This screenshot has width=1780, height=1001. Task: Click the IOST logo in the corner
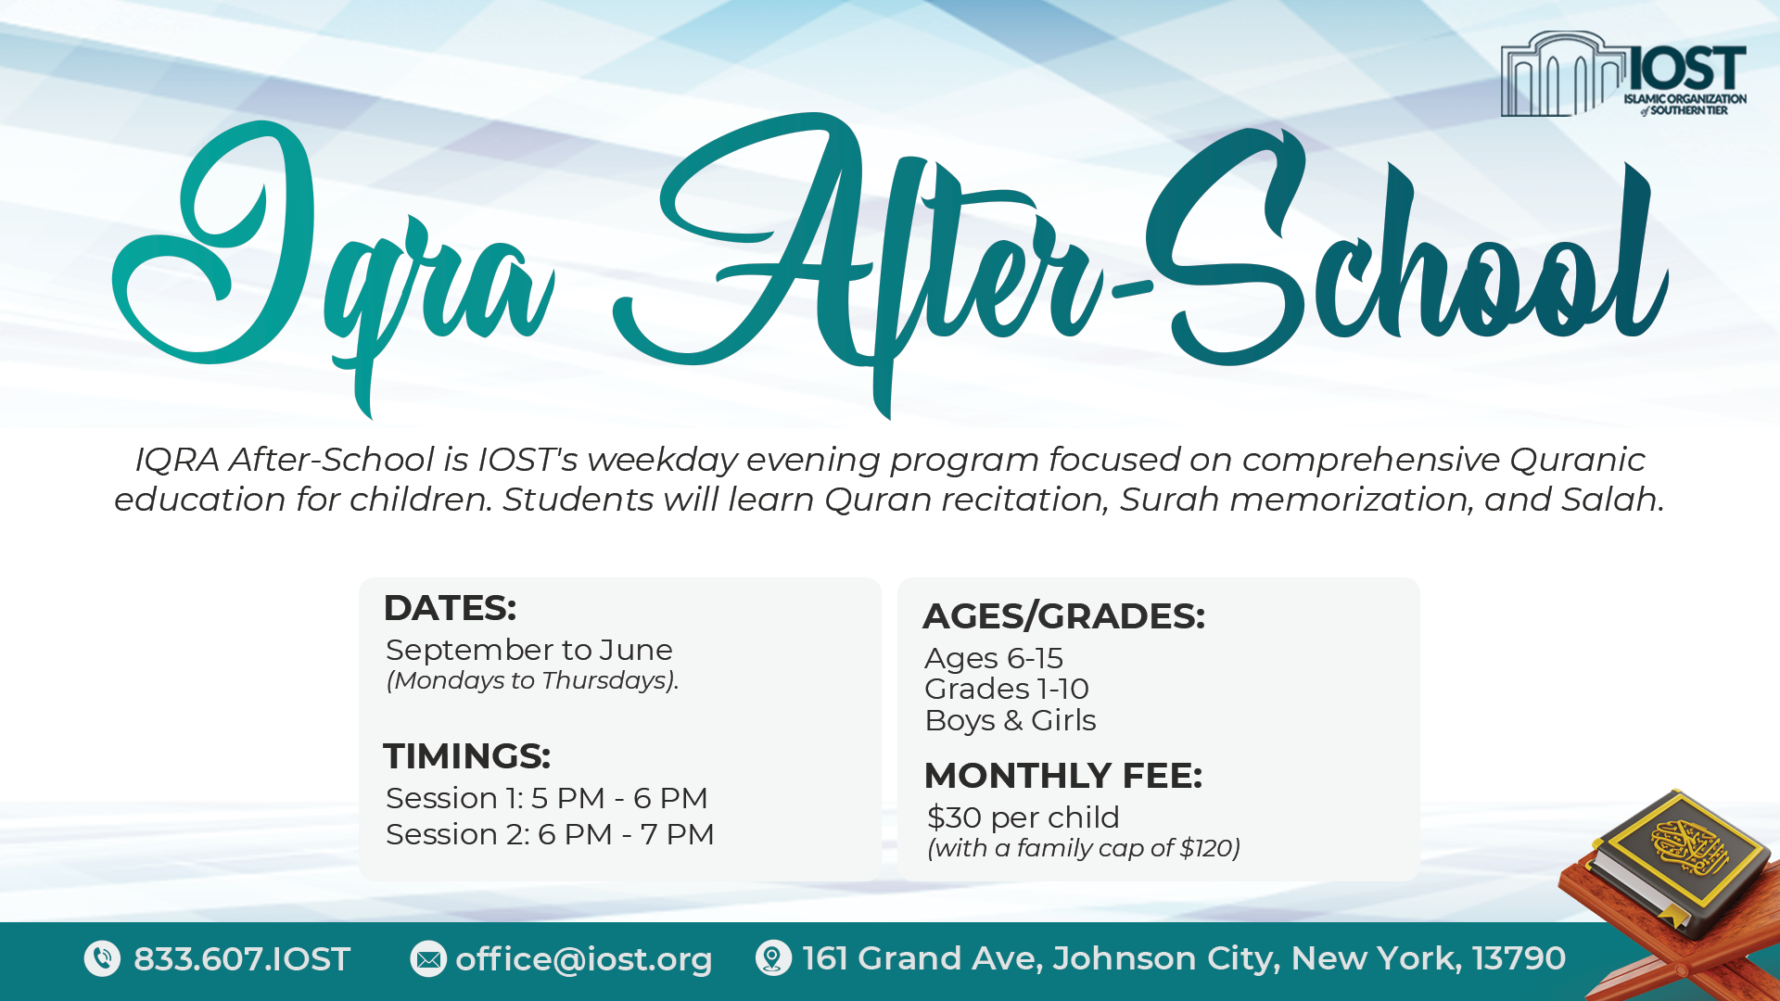click(x=1623, y=74)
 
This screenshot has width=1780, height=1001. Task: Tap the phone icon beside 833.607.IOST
click(x=102, y=958)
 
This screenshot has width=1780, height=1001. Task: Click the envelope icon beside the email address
click(x=428, y=959)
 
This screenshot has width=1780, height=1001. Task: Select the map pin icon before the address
click(x=773, y=958)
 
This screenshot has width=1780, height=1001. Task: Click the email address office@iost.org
click(x=584, y=959)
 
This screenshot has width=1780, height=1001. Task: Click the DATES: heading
click(x=450, y=608)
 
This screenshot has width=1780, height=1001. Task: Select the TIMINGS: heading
click(x=467, y=756)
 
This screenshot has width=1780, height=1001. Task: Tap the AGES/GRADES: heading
click(x=1064, y=616)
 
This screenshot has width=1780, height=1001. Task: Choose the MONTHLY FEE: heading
click(x=1063, y=776)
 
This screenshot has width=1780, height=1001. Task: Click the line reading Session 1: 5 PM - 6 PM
click(x=547, y=798)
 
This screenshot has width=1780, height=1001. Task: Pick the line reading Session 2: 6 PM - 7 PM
click(x=550, y=834)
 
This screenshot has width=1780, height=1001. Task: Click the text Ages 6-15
click(x=994, y=659)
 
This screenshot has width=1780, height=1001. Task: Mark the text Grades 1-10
click(x=1007, y=690)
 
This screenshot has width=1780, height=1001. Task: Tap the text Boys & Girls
click(x=1011, y=721)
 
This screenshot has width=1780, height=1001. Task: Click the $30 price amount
click(x=955, y=817)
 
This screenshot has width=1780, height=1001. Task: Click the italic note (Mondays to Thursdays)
click(x=532, y=680)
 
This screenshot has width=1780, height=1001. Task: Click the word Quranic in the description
click(x=1577, y=460)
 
